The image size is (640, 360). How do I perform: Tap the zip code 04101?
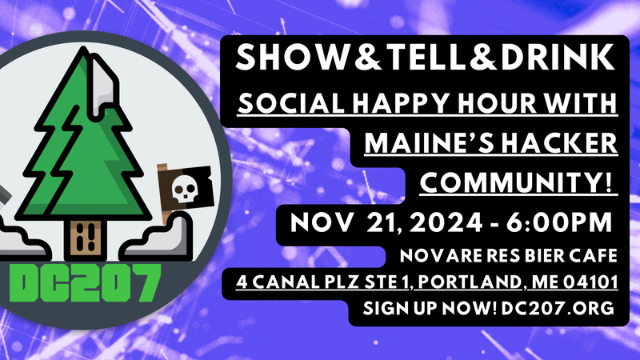(606, 282)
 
